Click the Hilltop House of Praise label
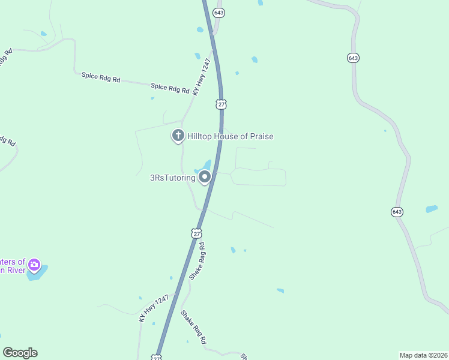point(231,137)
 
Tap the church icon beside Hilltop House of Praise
point(178,136)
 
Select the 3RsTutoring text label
point(173,178)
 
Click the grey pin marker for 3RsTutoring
point(205,177)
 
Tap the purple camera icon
point(34,264)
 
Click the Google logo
point(20,353)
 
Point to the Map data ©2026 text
point(423,355)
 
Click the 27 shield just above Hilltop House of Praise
point(221,104)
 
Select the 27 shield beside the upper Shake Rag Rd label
point(197,233)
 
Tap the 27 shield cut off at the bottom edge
point(157,358)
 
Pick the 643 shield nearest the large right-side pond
point(397,212)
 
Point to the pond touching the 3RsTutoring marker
point(206,164)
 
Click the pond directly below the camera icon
point(37,274)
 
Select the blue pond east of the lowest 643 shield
point(432,209)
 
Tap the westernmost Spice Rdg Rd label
point(101,77)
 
